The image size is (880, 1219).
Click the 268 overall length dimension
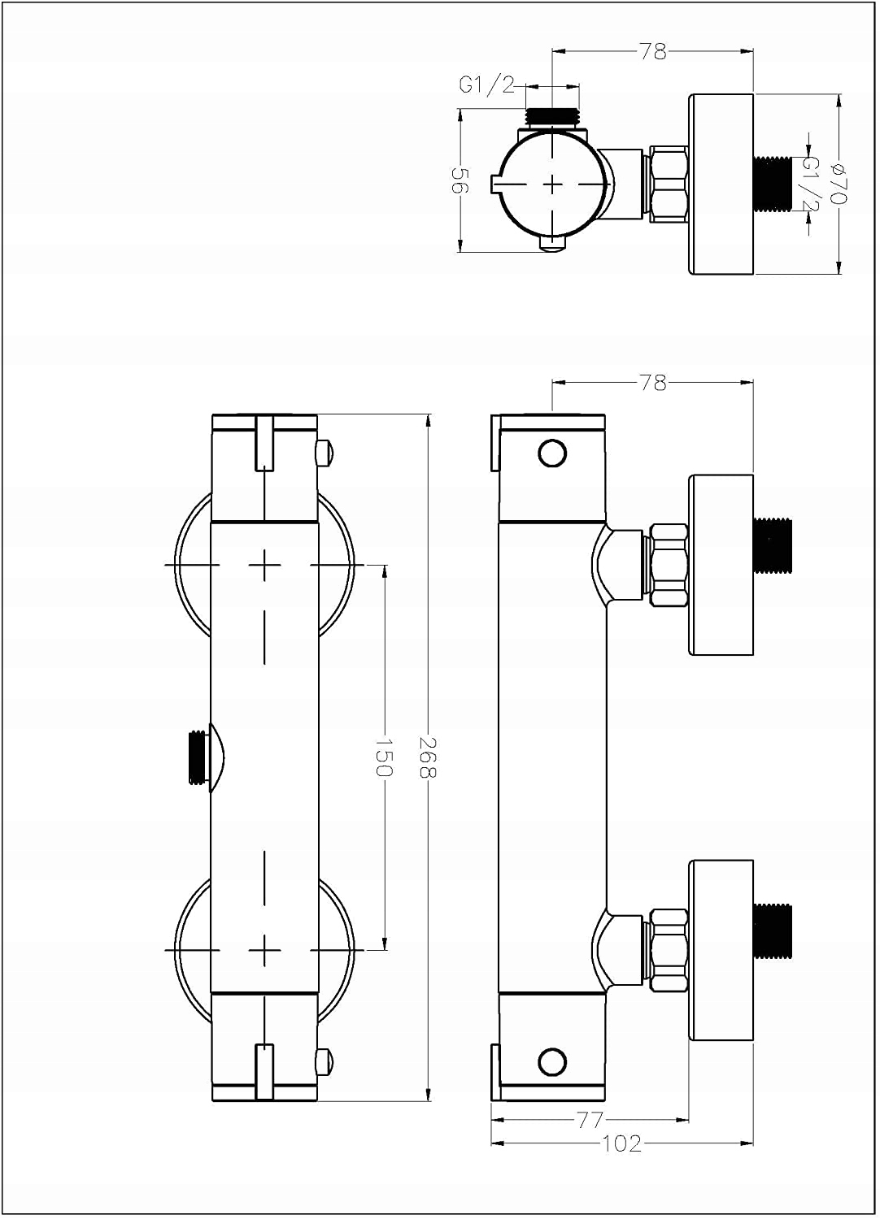[429, 757]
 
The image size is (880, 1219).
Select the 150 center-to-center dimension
[385, 757]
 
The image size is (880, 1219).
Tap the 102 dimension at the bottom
[622, 1143]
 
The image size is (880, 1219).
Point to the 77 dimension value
[590, 1121]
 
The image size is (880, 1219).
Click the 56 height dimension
[460, 181]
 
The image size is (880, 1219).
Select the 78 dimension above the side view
[653, 382]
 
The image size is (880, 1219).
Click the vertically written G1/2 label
[810, 184]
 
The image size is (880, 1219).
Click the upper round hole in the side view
[552, 453]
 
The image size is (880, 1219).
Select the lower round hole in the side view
[552, 1060]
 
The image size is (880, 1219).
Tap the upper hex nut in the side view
[669, 565]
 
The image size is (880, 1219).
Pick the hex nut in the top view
[669, 184]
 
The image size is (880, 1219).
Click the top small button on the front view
[325, 452]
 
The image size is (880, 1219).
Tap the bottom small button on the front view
[325, 1061]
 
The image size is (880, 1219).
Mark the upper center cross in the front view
[265, 564]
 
